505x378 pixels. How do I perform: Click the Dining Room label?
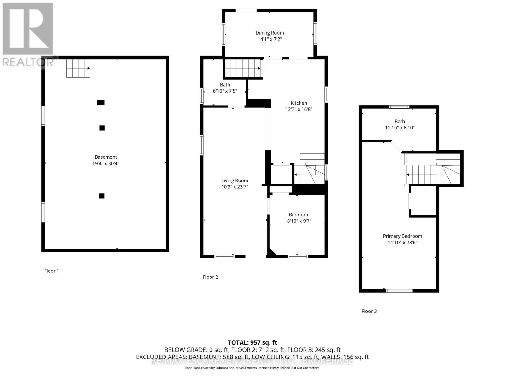pyautogui.click(x=270, y=33)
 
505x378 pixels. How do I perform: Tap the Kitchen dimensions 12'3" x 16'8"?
pyautogui.click(x=299, y=110)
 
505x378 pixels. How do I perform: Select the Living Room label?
pyautogui.click(x=235, y=180)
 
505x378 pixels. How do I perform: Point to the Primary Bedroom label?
pyautogui.click(x=402, y=236)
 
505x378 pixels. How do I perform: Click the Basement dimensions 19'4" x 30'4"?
pyautogui.click(x=106, y=163)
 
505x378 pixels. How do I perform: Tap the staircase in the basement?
pyautogui.click(x=78, y=68)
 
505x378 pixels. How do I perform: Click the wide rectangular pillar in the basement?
pyautogui.click(x=101, y=103)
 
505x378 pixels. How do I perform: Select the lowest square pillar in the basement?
pyautogui.click(x=102, y=196)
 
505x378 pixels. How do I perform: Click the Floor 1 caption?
pyautogui.click(x=51, y=271)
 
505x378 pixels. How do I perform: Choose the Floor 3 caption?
pyautogui.click(x=369, y=311)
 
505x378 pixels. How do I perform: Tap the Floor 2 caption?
pyautogui.click(x=210, y=277)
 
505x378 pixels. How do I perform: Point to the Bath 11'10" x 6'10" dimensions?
pyautogui.click(x=400, y=128)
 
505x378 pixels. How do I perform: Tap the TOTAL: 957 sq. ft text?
pyautogui.click(x=252, y=342)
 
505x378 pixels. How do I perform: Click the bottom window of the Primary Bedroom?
pyautogui.click(x=399, y=291)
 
